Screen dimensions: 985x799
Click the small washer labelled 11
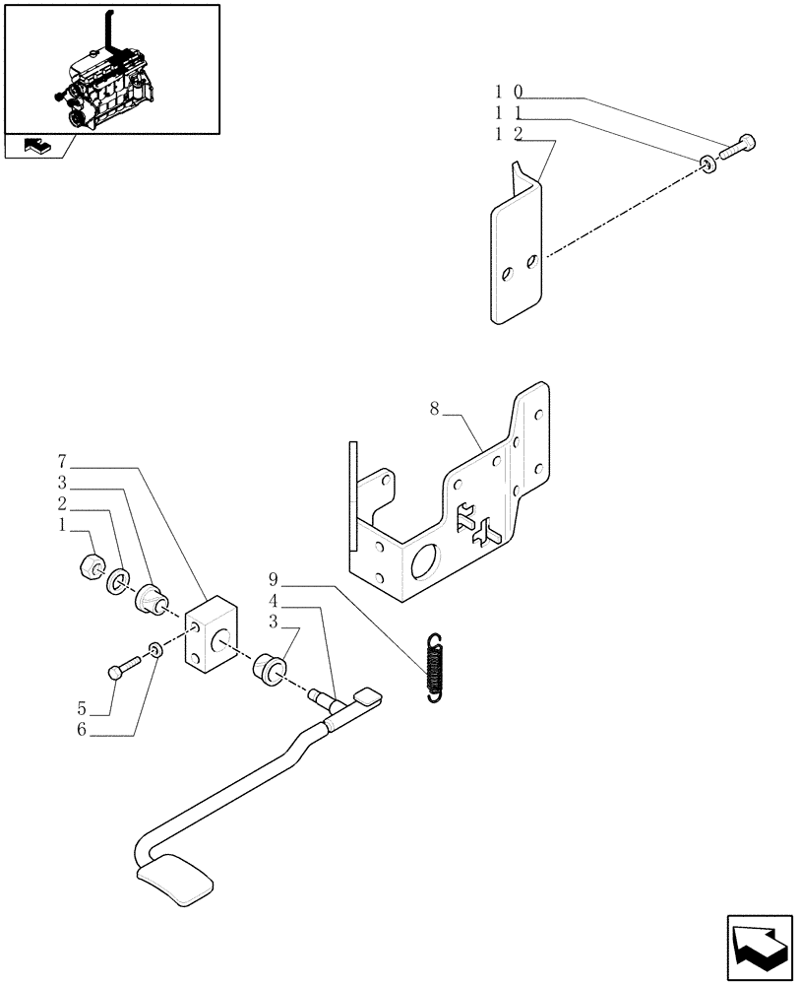click(708, 164)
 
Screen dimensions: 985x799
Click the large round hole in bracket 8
click(426, 562)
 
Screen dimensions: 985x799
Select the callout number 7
click(61, 461)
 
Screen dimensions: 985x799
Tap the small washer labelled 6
click(154, 649)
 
